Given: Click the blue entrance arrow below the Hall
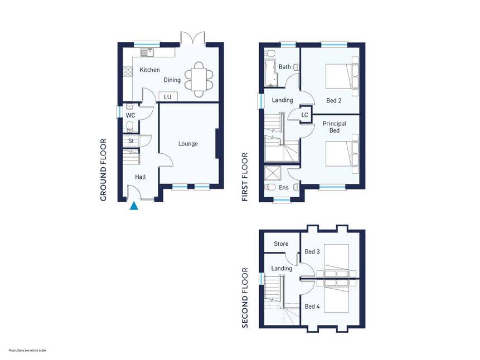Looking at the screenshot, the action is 134,206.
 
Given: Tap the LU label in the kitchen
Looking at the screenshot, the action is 167,97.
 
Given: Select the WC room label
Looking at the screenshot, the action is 130,115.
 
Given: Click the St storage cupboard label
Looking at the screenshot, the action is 131,141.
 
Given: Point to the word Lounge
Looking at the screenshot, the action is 188,144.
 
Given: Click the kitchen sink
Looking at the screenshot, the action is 147,52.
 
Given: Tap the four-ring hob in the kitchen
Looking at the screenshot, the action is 128,72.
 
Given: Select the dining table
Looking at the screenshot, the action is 198,80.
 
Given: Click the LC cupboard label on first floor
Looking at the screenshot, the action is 304,115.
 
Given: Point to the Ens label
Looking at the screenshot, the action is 284,187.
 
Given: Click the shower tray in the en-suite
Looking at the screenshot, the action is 270,173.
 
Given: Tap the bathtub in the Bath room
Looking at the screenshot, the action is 270,74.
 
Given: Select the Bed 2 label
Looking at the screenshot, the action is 334,100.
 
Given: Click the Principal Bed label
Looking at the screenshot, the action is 334,127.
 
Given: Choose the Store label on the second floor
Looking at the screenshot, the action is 281,244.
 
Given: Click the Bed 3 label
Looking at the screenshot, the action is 312,252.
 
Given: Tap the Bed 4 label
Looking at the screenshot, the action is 312,307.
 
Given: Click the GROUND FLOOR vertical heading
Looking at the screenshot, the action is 103,170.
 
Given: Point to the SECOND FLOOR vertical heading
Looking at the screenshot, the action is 245,298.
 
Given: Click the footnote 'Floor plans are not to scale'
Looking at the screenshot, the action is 27,350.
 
